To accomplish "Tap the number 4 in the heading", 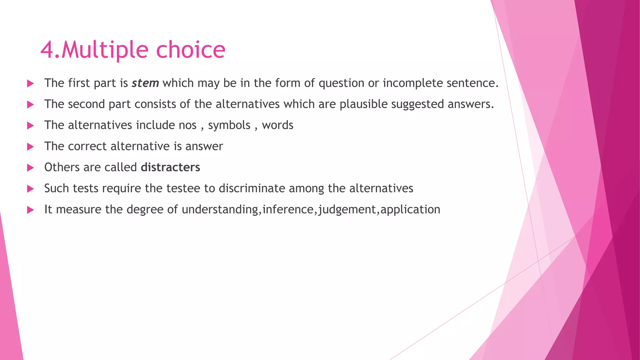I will (x=47, y=50).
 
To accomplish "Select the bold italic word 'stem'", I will (x=145, y=83).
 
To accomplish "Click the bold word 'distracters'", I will (x=170, y=167).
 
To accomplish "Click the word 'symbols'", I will (x=229, y=125).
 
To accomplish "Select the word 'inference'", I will (x=288, y=209).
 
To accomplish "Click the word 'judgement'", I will (x=347, y=210).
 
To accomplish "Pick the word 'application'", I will (x=410, y=210).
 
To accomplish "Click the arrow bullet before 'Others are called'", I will (x=30, y=168).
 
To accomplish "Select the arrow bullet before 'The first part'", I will (x=30, y=83).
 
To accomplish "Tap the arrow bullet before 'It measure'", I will (x=30, y=210).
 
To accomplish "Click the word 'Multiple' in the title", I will (x=105, y=50).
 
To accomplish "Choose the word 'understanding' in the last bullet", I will (x=220, y=210).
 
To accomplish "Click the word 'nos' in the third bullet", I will (x=187, y=125).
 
